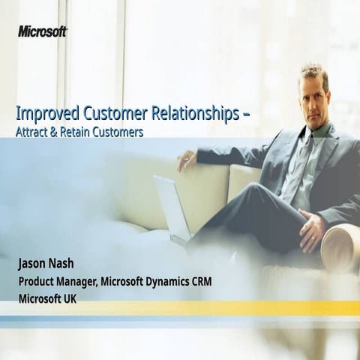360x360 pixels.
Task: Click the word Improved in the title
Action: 43,115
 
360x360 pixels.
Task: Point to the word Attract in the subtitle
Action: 33,132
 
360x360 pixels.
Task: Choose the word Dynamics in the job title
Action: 180,282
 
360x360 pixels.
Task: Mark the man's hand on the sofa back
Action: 186,159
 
